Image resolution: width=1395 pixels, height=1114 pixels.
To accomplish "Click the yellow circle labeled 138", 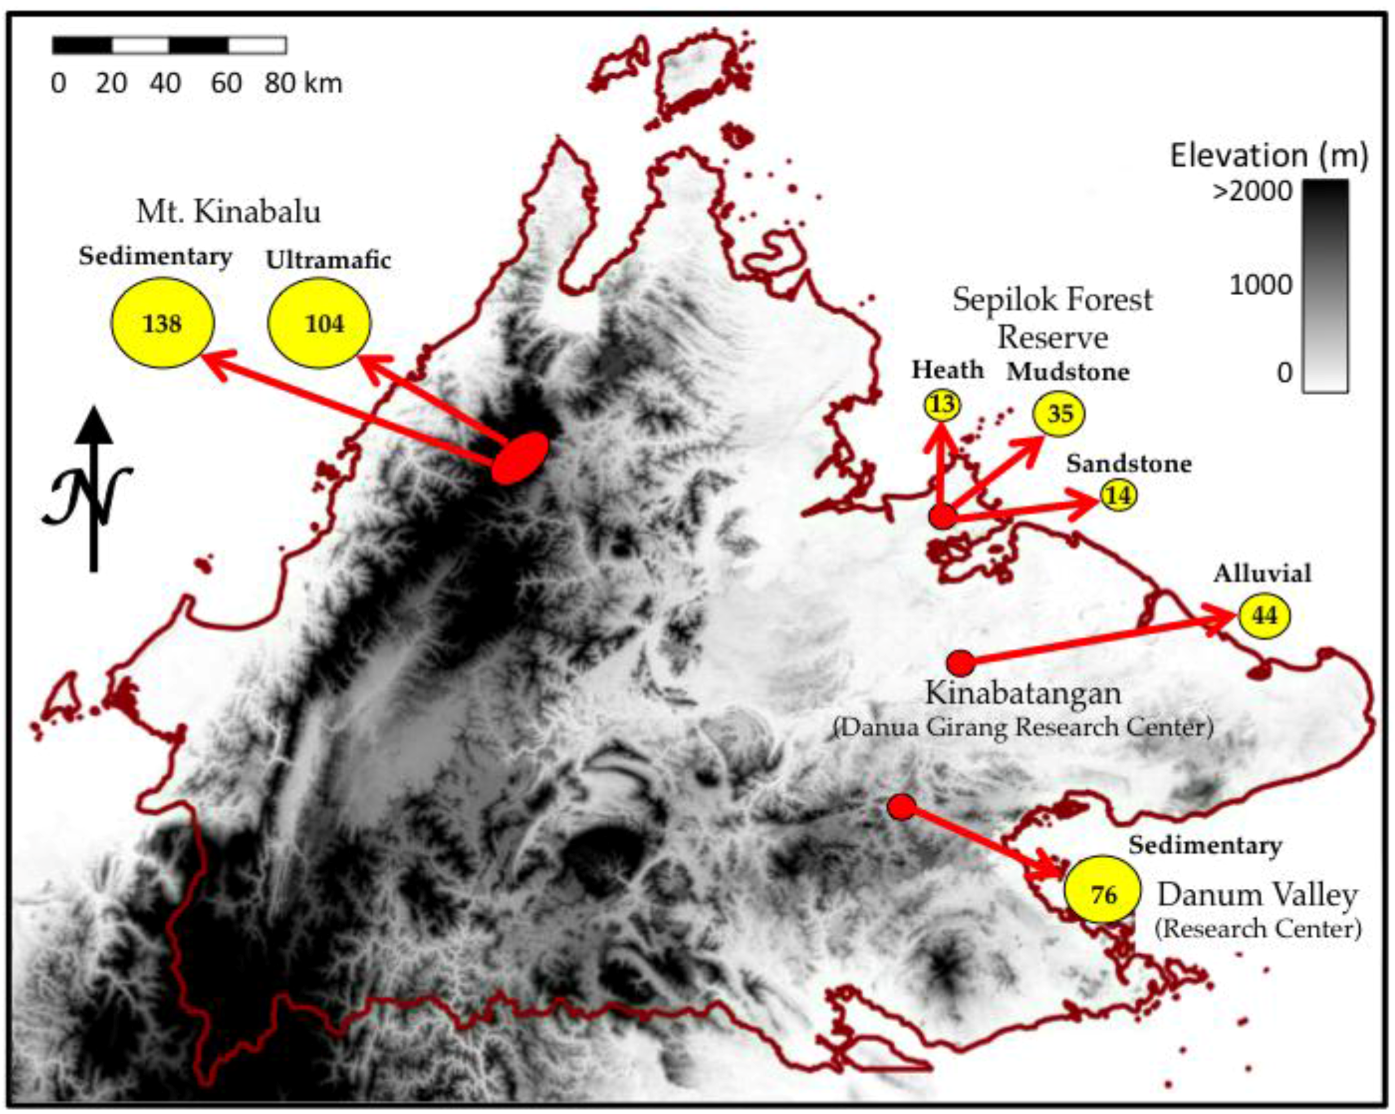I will (x=163, y=323).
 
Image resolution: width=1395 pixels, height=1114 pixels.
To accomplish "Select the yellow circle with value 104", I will (x=319, y=323).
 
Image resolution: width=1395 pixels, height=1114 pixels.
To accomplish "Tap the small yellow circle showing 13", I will (x=942, y=405).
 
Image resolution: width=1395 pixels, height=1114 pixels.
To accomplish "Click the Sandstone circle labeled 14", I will (x=1118, y=495).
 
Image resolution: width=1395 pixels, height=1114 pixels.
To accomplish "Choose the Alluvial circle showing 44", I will (x=1264, y=615).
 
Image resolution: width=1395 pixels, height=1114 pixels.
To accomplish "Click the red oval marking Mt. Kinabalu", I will (x=520, y=458).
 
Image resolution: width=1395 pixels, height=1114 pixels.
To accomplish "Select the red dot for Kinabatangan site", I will (x=961, y=662).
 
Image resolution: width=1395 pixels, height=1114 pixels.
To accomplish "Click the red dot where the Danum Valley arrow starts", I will (x=901, y=807).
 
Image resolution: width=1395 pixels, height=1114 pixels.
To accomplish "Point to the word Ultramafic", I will (x=328, y=260).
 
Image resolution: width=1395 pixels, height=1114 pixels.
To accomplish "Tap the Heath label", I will (x=947, y=370).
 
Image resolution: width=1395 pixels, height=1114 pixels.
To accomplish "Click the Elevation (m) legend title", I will (x=1269, y=156).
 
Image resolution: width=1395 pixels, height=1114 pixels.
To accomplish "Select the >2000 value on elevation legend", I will (x=1252, y=192).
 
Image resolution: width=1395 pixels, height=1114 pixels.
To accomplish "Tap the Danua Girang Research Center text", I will (x=1022, y=727).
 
